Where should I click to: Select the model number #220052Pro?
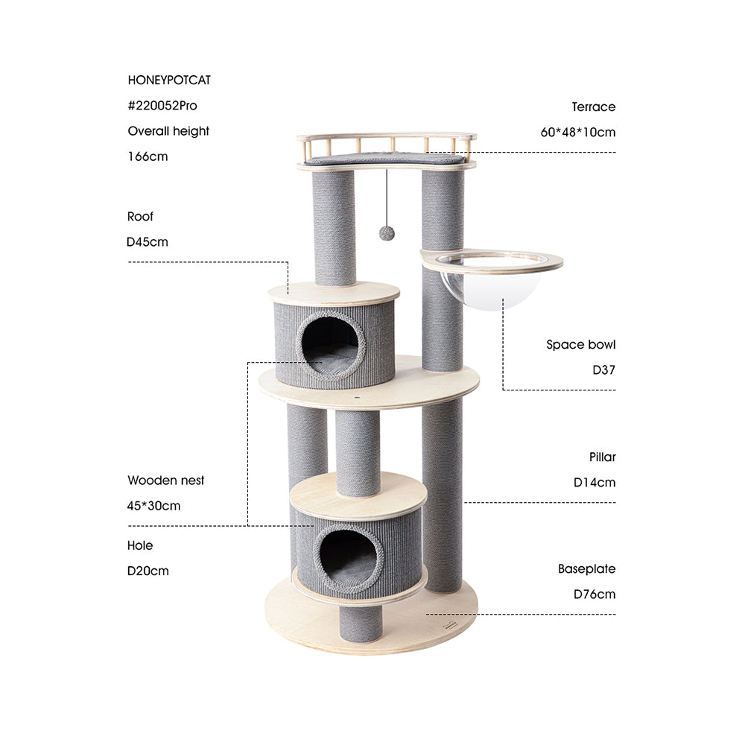[162, 106]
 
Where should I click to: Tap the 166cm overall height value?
[148, 156]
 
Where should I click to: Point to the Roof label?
[140, 217]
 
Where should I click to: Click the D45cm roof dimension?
[148, 242]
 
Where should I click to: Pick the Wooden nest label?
[165, 481]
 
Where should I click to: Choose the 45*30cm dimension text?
[153, 506]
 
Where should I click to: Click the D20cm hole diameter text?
[148, 571]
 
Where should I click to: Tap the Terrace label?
[594, 107]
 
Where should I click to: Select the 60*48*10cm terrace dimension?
[578, 133]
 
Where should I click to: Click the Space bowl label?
[581, 345]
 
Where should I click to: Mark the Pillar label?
[603, 457]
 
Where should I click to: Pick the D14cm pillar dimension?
[595, 482]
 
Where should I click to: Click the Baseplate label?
[587, 569]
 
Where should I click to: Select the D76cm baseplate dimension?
[595, 595]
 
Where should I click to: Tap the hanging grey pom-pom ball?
[387, 233]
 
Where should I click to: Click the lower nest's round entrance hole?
[349, 558]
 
